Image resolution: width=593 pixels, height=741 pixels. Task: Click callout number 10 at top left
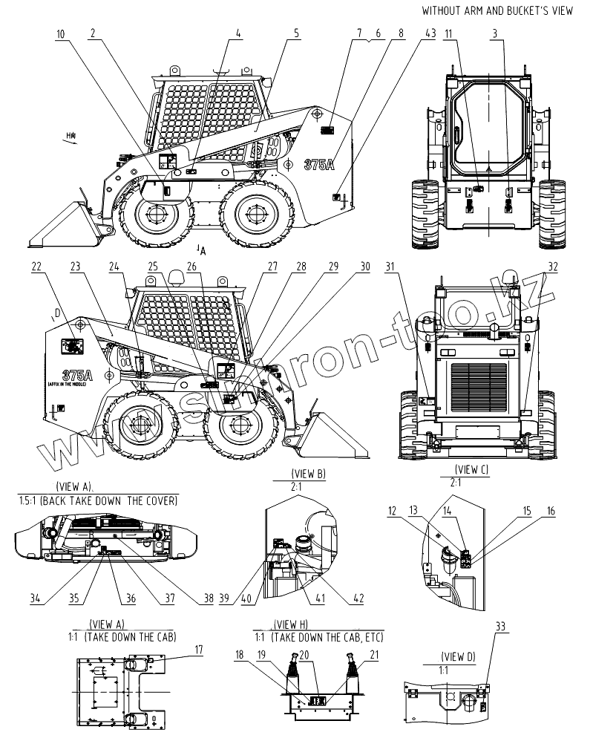pos(60,33)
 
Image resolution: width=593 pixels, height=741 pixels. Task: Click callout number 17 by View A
pos(199,650)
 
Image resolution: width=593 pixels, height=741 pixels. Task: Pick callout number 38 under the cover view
pos(209,598)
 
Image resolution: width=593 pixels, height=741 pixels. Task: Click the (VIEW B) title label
pos(310,473)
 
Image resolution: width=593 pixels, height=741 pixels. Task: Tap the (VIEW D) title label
pos(457,656)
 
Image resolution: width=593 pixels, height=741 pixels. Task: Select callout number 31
pos(391,267)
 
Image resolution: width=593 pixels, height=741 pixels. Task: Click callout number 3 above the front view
pos(495,33)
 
